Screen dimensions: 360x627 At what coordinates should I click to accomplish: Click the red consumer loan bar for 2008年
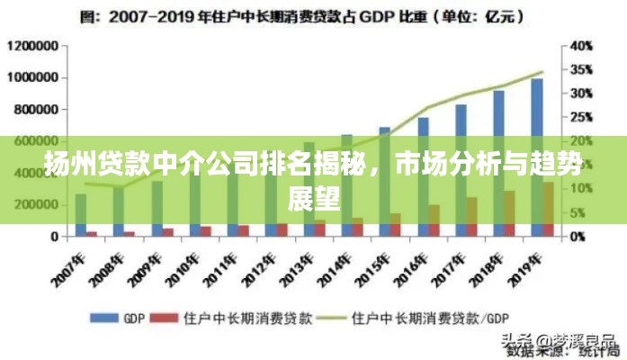(130, 233)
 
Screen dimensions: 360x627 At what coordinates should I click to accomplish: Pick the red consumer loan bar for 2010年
(205, 231)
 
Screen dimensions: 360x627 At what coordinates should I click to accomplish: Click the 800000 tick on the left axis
(37, 109)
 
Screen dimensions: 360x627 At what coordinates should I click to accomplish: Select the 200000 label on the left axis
(37, 204)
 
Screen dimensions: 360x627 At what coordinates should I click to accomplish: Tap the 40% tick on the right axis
(581, 46)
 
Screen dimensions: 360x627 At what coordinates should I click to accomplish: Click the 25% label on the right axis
(581, 117)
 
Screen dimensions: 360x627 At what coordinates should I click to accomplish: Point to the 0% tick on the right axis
(578, 236)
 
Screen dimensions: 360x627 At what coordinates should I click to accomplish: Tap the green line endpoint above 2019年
(542, 72)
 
